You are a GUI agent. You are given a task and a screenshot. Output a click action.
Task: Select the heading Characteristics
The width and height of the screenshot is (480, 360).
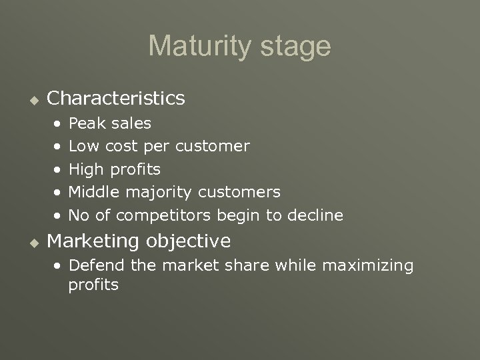(117, 99)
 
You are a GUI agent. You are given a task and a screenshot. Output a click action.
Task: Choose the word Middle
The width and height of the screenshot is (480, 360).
(91, 192)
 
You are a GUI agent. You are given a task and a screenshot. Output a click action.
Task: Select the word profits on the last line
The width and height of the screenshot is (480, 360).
(93, 285)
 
